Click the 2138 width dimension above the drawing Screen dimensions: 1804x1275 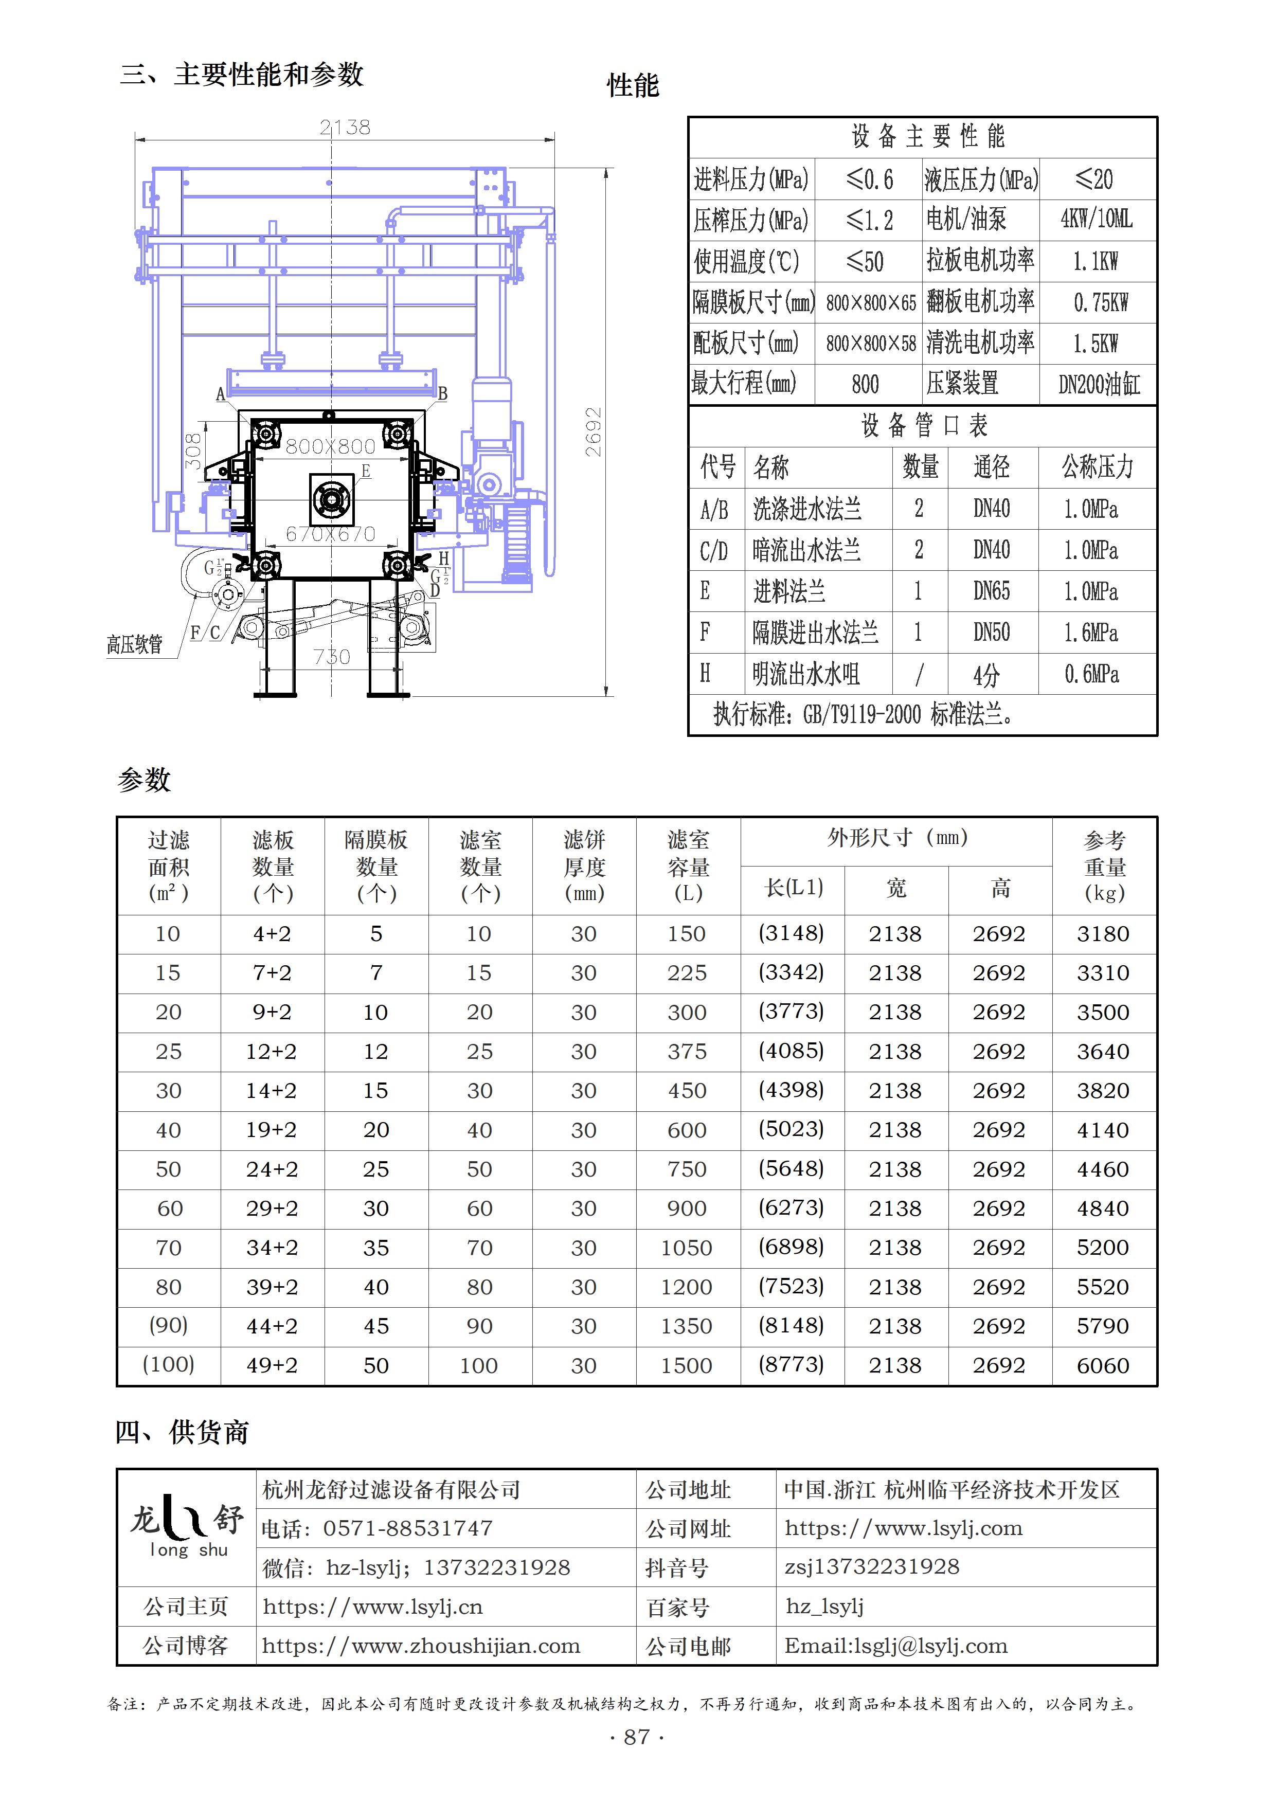(x=345, y=128)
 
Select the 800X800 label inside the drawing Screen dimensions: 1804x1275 (x=330, y=446)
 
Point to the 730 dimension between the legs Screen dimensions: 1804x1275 (x=332, y=657)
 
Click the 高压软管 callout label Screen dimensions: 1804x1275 (x=134, y=645)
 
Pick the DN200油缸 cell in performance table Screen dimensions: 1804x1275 (x=1098, y=384)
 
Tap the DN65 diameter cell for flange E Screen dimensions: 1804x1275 (x=992, y=591)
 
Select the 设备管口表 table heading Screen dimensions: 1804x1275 (x=924, y=426)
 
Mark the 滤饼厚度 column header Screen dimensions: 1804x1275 (x=584, y=866)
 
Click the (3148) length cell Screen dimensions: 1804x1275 (x=791, y=933)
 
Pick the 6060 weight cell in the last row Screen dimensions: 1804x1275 (x=1103, y=1365)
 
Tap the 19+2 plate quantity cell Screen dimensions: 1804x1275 (x=271, y=1130)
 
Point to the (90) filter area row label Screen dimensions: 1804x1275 (x=168, y=1326)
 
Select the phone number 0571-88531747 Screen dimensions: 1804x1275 (x=408, y=1528)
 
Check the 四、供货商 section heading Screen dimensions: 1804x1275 (x=182, y=1432)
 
